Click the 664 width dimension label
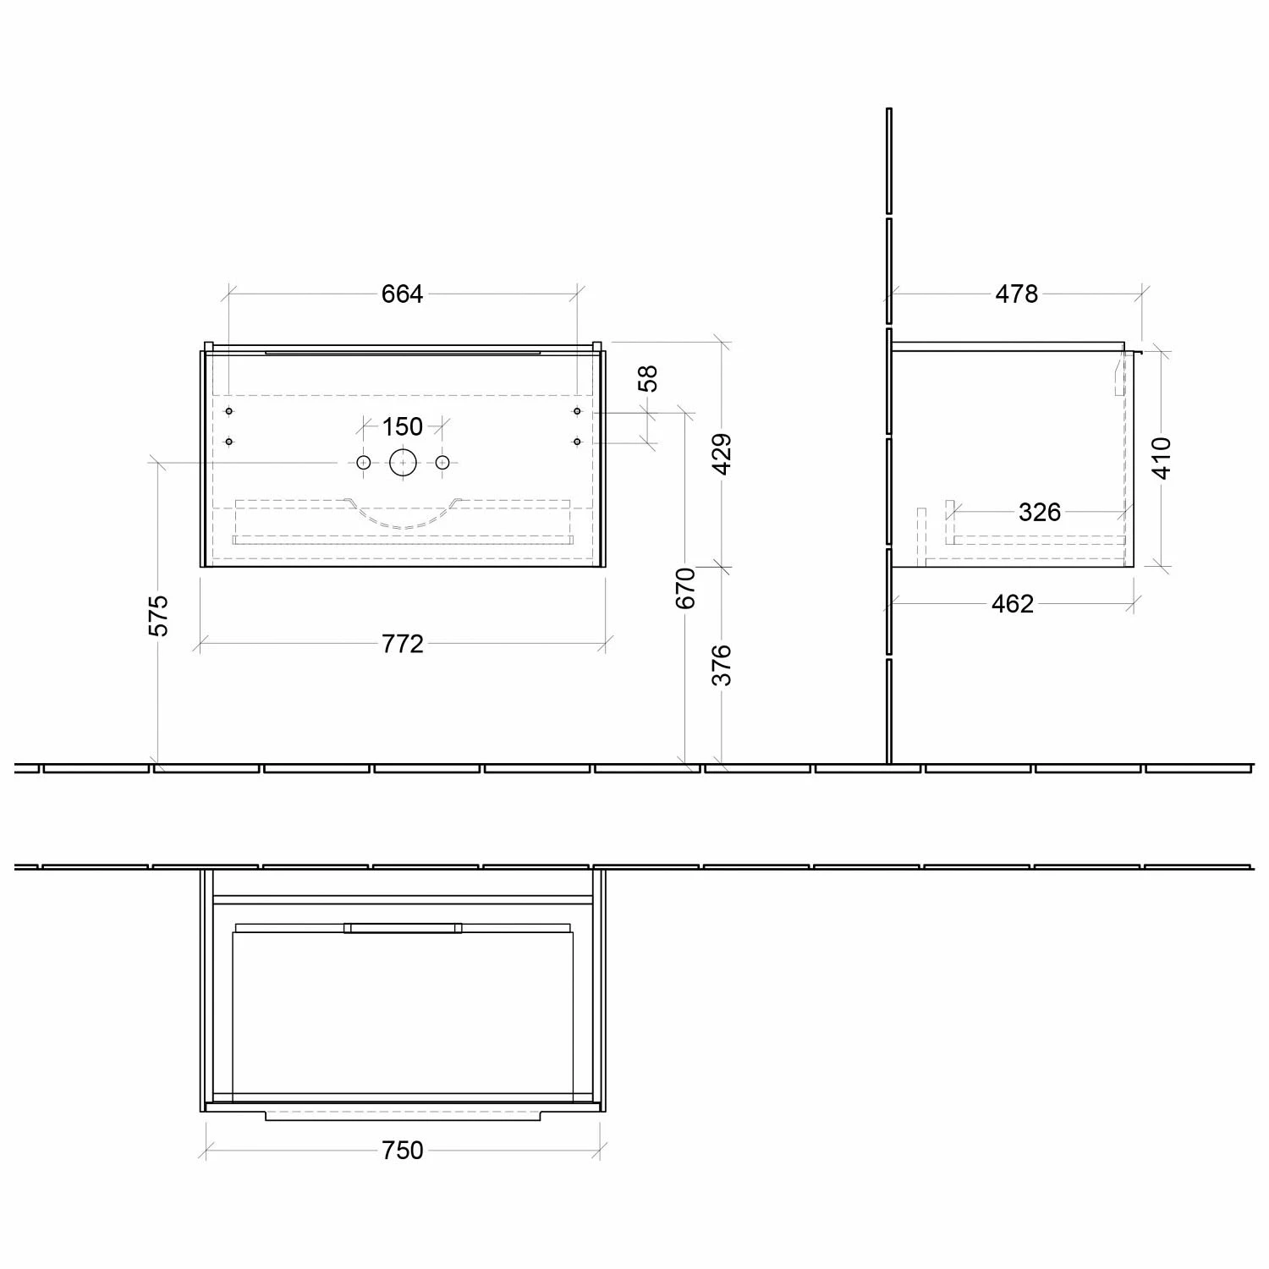coord(402,294)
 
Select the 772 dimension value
coord(403,644)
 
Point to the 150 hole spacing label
coord(403,426)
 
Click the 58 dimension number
coord(648,378)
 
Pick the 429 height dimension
coord(722,453)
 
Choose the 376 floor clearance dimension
coord(722,665)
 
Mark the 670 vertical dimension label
coord(686,588)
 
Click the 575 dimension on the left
coord(159,615)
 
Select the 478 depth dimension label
coord(1016,294)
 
